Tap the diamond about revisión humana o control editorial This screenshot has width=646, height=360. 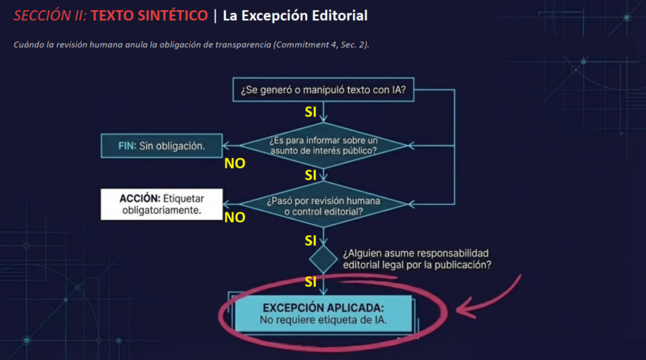pyautogui.click(x=324, y=205)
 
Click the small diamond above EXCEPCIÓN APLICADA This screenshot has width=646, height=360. pyautogui.click(x=323, y=258)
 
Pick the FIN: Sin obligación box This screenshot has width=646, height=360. pyautogui.click(x=162, y=145)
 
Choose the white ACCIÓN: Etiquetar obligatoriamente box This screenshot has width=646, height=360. pyautogui.click(x=162, y=204)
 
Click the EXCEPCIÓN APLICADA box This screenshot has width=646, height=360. pyautogui.click(x=324, y=313)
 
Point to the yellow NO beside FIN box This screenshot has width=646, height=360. pyautogui.click(x=235, y=163)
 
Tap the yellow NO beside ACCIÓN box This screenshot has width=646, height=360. pyautogui.click(x=235, y=217)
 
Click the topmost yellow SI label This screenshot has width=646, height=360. pyautogui.click(x=310, y=112)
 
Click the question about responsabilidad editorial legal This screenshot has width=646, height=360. pyautogui.click(x=417, y=259)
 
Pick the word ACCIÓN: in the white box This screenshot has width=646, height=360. pyautogui.click(x=140, y=198)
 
